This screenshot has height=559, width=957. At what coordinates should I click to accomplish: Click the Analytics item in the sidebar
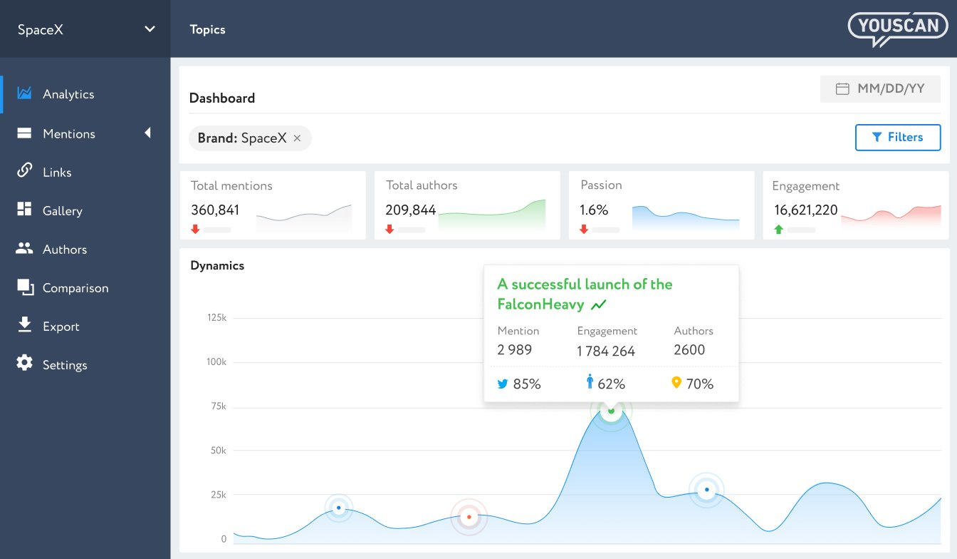point(68,94)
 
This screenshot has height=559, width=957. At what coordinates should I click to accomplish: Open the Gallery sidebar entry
point(62,211)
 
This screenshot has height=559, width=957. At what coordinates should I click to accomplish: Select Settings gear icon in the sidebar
point(25,364)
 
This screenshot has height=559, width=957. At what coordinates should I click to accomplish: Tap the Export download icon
point(25,325)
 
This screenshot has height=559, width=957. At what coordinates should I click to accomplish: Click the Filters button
point(897,138)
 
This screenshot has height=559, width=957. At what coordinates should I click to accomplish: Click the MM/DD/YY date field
point(880,89)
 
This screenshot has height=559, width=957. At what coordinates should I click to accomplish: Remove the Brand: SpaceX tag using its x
point(298,139)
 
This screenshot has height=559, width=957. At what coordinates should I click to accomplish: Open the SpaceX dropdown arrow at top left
point(150,29)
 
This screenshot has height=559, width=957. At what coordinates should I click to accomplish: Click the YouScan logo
point(898,29)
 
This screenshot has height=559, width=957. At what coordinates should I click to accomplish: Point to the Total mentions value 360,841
point(215,210)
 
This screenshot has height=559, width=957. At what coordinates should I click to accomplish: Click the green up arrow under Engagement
point(778,230)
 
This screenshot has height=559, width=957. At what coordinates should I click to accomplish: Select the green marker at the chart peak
point(611,411)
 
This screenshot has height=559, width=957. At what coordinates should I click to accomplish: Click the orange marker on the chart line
point(469,517)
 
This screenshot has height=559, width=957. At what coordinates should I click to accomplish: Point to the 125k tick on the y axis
point(216,318)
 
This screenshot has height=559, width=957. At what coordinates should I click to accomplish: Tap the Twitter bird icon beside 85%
point(503,384)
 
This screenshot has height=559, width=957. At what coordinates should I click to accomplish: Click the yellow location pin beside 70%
point(676,383)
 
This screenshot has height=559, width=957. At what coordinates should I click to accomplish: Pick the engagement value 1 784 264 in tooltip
point(605,351)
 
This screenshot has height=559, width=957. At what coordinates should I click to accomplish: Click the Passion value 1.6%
point(594,210)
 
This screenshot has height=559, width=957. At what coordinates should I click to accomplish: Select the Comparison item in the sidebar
point(75,288)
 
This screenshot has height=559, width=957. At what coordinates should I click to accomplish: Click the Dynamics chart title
point(217,266)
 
